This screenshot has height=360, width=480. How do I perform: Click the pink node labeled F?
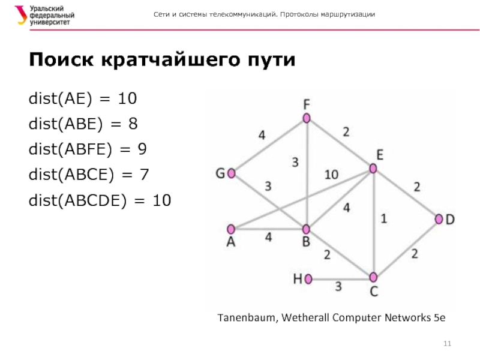click(307, 118)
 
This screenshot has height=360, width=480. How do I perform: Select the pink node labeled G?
click(231, 173)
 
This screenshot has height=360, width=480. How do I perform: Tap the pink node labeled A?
click(230, 229)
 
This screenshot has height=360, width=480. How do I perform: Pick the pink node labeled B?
click(306, 229)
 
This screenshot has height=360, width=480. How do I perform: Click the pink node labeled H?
click(308, 278)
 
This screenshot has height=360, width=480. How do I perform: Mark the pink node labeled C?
click(373, 277)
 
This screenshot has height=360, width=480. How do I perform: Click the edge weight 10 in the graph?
click(331, 175)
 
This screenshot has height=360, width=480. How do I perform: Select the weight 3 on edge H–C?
click(338, 287)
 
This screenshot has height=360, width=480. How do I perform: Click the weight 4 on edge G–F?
click(262, 135)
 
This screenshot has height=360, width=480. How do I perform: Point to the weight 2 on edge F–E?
click(346, 131)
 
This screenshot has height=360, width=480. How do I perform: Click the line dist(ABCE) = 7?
click(89, 175)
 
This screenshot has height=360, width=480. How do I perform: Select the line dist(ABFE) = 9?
click(88, 149)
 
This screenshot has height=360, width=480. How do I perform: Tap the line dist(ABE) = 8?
click(83, 124)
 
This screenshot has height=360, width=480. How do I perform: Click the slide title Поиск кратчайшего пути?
click(162, 61)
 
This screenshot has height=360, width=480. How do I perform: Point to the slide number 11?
click(446, 343)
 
